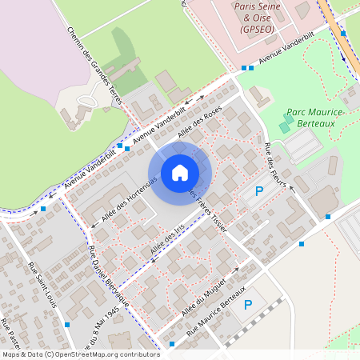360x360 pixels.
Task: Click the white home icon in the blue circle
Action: point(180,172)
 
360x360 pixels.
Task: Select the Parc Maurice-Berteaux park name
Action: point(314,119)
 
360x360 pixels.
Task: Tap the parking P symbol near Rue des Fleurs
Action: point(258,191)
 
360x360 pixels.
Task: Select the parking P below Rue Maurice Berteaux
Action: point(248,305)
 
